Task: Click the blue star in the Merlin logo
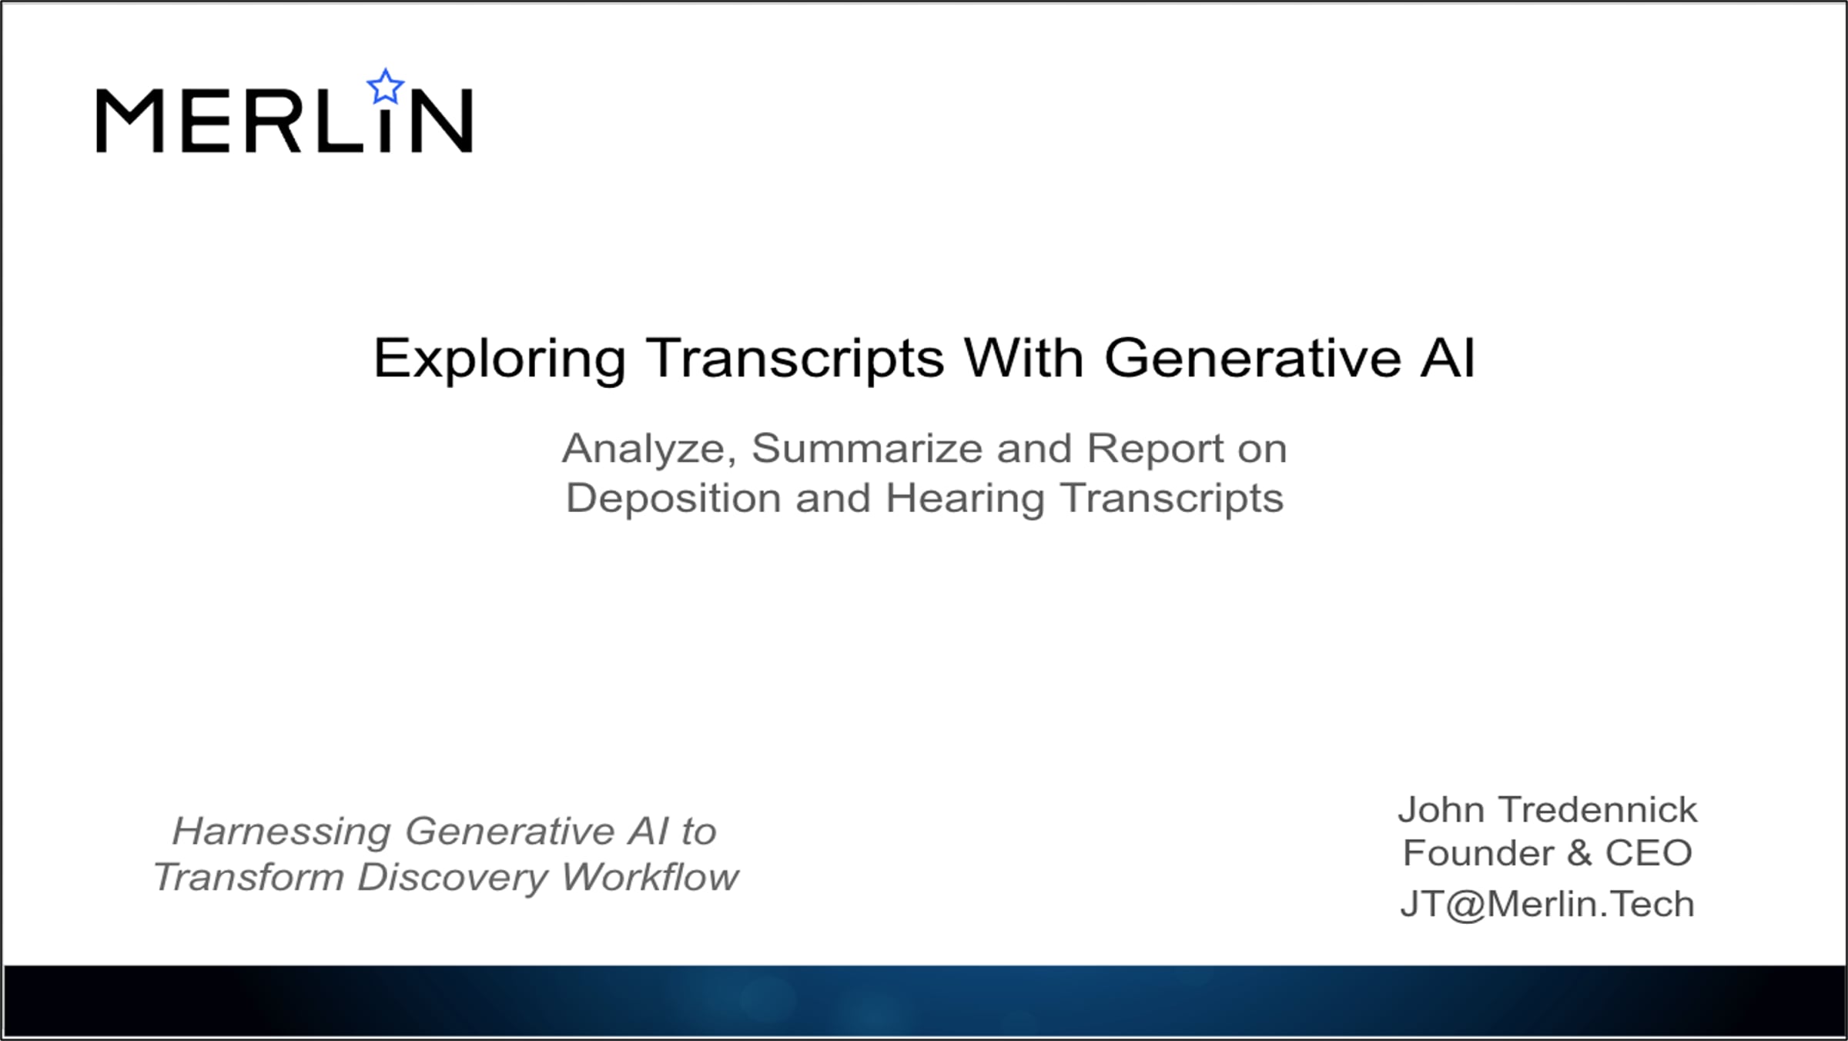pos(385,86)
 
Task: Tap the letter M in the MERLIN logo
pos(129,120)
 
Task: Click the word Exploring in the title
pos(499,359)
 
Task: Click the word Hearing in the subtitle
pos(965,498)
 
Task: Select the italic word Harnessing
pos(281,832)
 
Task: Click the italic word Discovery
pos(452,877)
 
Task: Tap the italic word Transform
pos(249,877)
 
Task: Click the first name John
pos(1441,810)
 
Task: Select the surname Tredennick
pos(1599,810)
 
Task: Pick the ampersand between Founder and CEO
pos(1578,853)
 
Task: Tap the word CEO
pos(1649,853)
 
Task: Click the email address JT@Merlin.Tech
pos(1548,905)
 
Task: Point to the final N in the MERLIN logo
pos(442,120)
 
